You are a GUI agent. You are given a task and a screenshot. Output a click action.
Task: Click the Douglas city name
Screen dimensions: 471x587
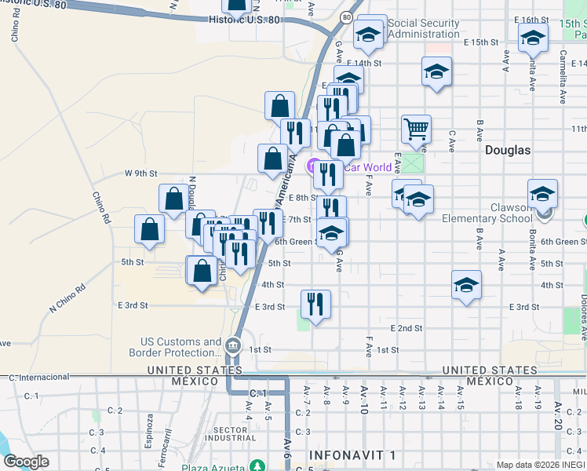point(508,149)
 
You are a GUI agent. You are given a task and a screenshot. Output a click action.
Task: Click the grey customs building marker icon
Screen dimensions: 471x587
point(233,345)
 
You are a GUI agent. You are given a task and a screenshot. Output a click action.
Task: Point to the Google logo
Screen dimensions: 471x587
point(26,461)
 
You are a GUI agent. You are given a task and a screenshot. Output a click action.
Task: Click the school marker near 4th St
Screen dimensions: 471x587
point(466,284)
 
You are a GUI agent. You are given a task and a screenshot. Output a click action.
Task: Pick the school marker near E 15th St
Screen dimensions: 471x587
point(532,36)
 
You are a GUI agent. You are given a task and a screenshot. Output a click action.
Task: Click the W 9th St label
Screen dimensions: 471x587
point(141,173)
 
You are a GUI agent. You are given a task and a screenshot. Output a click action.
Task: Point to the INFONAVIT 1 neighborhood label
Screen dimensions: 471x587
point(352,455)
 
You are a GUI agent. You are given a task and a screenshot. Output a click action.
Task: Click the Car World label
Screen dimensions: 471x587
point(368,166)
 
